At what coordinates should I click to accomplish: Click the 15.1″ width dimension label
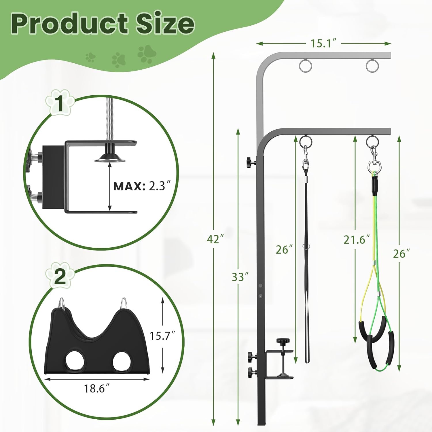[323, 43]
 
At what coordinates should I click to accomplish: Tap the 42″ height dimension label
[215, 239]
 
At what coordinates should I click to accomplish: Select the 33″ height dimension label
[240, 277]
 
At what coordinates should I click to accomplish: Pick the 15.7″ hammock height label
[162, 336]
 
